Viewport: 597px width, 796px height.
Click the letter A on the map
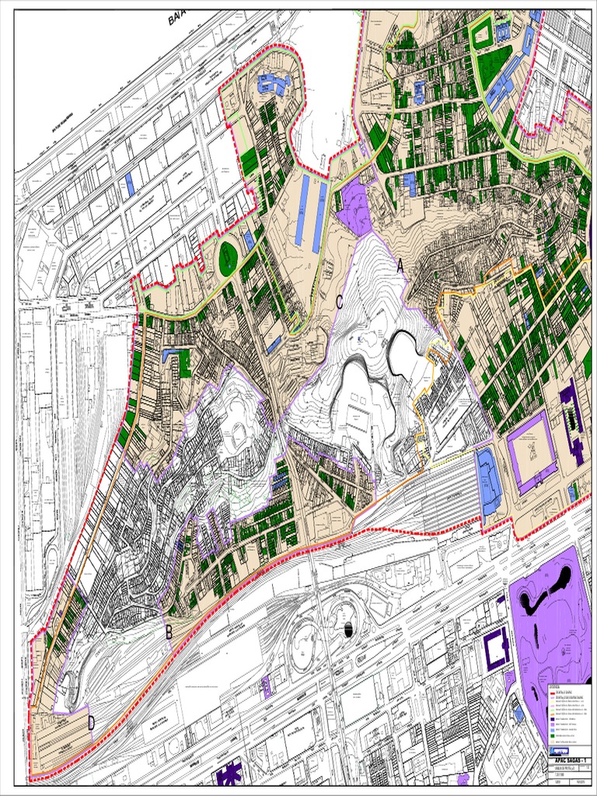point(400,266)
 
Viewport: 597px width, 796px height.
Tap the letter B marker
point(169,632)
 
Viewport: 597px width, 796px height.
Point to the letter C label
point(340,302)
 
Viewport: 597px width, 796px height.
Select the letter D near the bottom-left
point(91,723)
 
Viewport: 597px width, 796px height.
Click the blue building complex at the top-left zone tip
point(272,83)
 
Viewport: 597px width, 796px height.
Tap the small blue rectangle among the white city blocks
point(130,183)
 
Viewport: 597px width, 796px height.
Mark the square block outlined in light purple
point(532,452)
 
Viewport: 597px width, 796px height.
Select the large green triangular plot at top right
point(492,65)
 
